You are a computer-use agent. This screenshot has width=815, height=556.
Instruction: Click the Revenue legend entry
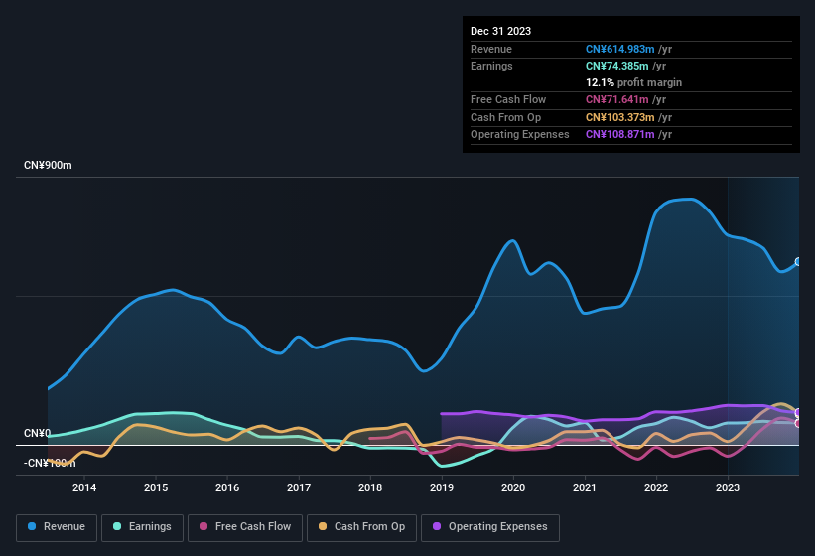(x=57, y=527)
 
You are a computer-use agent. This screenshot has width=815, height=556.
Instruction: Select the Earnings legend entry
(x=142, y=527)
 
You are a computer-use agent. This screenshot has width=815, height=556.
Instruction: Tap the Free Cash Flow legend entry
(x=245, y=527)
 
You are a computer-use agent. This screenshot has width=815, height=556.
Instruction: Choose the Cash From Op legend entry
(x=361, y=527)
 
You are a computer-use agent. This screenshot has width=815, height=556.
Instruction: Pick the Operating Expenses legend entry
(x=489, y=527)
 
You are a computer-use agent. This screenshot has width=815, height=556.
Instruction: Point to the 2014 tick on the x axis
(x=84, y=487)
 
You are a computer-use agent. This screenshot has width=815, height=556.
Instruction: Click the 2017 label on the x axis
(x=299, y=487)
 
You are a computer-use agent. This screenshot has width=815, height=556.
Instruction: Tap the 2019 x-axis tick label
(x=442, y=487)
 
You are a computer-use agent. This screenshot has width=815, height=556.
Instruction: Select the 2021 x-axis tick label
(x=585, y=487)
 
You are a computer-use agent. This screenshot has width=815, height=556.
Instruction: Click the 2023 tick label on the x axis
(x=728, y=487)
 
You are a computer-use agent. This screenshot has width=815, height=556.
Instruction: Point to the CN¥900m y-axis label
(x=48, y=165)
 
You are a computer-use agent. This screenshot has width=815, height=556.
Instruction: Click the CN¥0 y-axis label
(x=37, y=434)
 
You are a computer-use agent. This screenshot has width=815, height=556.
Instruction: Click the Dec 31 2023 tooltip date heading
(x=500, y=31)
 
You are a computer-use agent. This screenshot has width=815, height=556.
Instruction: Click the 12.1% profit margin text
(x=633, y=82)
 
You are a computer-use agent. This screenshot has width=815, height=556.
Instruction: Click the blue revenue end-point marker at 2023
(x=798, y=262)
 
